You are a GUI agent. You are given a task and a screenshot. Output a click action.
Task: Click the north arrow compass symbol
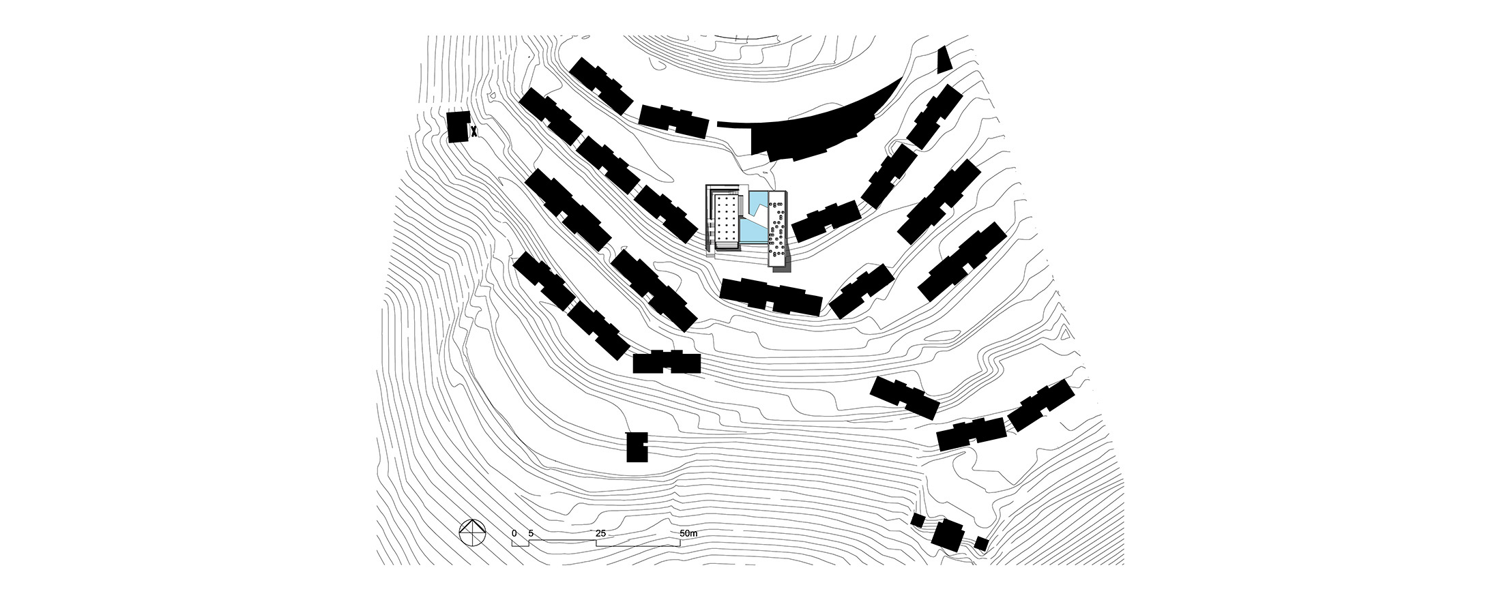(x=471, y=532)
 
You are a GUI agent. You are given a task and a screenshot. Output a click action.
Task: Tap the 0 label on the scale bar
(x=514, y=533)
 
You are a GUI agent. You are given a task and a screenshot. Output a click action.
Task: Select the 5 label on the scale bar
(x=531, y=533)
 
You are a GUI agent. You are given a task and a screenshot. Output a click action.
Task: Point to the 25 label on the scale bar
(x=600, y=533)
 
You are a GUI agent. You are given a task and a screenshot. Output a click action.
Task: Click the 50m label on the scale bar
(x=688, y=533)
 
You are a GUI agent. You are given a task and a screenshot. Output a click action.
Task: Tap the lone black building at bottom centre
(x=637, y=447)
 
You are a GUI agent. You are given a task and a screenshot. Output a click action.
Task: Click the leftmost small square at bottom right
(x=918, y=521)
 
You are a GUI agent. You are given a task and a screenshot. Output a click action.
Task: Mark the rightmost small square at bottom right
(x=981, y=543)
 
